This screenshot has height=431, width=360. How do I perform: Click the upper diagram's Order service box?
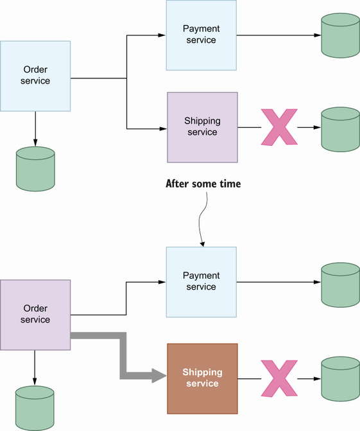(35, 76)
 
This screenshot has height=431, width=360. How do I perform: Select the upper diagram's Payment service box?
(201, 35)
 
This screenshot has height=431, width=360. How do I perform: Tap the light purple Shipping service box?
(202, 127)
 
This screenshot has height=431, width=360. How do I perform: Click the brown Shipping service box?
(202, 378)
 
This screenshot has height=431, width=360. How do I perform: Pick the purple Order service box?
(35, 315)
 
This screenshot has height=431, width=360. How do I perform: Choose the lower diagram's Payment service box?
(201, 282)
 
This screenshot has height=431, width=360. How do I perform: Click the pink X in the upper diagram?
(279, 127)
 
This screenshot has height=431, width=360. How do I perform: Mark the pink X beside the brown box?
(279, 378)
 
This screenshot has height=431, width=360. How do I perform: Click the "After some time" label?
(203, 184)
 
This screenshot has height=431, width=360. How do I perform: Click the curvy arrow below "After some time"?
(201, 220)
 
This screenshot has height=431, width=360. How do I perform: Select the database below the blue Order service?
(35, 169)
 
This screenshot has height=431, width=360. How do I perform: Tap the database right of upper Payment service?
(341, 35)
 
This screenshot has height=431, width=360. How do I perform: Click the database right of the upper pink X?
(341, 129)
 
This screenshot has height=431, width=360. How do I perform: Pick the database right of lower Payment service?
(341, 285)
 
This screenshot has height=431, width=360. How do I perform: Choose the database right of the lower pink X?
(341, 379)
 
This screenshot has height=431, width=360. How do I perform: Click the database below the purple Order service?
(35, 408)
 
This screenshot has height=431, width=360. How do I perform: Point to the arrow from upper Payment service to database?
(279, 35)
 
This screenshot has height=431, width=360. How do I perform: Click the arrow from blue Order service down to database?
(35, 129)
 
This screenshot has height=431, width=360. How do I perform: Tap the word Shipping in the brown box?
(202, 372)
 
